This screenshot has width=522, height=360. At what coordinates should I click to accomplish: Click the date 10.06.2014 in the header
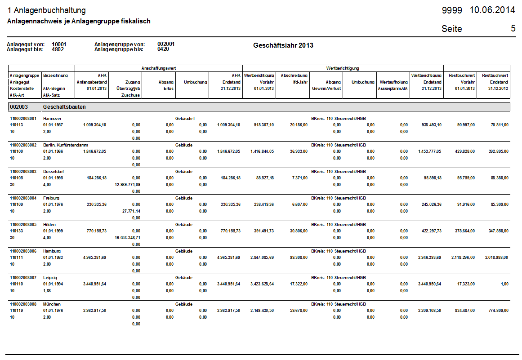pos(492,10)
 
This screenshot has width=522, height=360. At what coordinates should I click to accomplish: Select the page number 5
pos(513,28)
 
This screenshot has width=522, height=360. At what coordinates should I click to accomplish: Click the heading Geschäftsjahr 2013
pos(283,45)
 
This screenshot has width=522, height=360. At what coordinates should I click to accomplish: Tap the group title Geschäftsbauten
pos(64,107)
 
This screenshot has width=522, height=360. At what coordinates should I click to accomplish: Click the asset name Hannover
pos(52,119)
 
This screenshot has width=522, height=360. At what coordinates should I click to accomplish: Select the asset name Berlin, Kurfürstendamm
pos(66,145)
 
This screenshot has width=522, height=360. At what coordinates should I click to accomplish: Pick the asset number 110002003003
pos(23,172)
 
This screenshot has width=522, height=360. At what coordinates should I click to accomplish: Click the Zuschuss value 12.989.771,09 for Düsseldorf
pos(128,185)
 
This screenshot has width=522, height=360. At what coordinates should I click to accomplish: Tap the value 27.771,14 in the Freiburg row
pos(131,211)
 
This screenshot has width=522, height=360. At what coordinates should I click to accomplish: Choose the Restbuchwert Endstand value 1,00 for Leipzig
pos(504,284)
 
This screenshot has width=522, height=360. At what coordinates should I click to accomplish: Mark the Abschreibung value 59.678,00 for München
pos(299,311)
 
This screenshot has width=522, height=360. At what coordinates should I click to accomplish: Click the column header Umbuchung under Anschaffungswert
pos(195,82)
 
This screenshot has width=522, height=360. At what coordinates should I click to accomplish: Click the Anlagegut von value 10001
pos(59,44)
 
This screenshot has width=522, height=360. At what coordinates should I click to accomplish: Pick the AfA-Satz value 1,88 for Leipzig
pos(47,290)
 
